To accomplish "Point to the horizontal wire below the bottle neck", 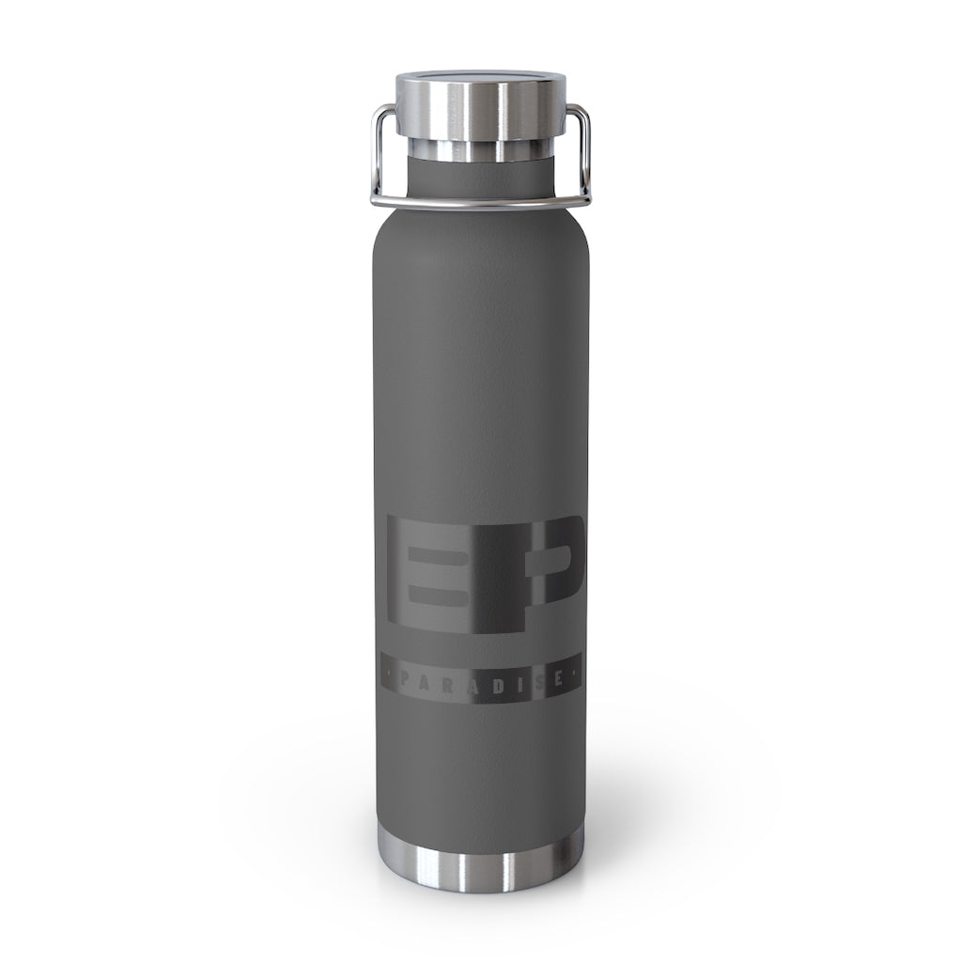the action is tap(480, 201).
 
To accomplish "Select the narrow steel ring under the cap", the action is tap(480, 149).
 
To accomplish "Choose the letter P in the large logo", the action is tap(537, 574).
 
